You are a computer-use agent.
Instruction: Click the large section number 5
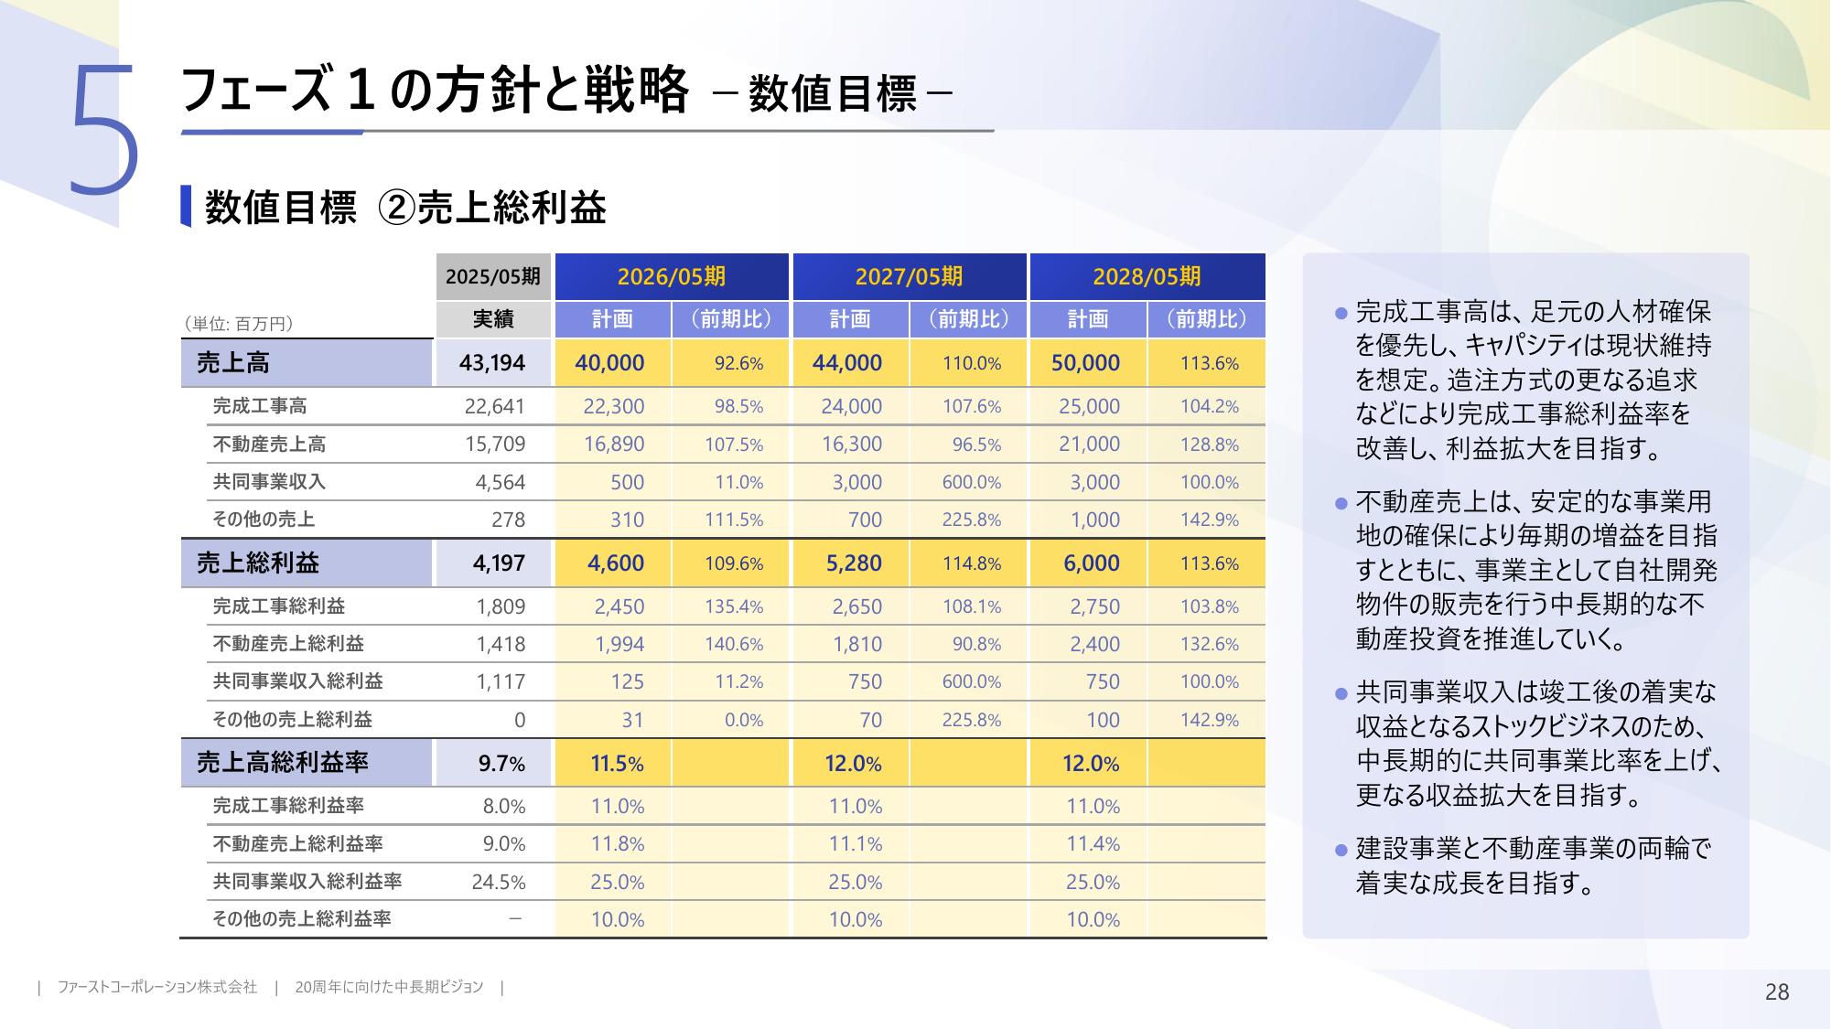click(x=103, y=131)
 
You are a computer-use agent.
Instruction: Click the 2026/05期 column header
click(x=671, y=276)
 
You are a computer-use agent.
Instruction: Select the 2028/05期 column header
click(x=1147, y=276)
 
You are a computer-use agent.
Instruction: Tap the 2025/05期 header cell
click(x=493, y=276)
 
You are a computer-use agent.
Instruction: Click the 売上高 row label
click(x=233, y=363)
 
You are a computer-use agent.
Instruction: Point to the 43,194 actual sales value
click(x=492, y=363)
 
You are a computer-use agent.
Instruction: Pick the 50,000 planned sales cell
click(x=1085, y=363)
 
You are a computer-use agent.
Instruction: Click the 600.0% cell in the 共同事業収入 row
click(x=972, y=482)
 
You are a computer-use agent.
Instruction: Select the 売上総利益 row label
click(x=257, y=563)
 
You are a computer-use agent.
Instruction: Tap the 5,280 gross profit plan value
click(x=854, y=563)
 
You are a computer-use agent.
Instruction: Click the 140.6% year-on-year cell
click(x=734, y=644)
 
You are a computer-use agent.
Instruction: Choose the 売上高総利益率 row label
click(x=282, y=763)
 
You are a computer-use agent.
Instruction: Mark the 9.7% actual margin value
click(x=501, y=764)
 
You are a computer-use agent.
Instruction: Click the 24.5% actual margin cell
click(x=499, y=883)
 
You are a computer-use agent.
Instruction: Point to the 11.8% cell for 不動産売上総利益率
click(x=618, y=844)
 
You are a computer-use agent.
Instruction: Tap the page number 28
click(x=1776, y=991)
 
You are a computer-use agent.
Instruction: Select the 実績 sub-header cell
click(x=493, y=319)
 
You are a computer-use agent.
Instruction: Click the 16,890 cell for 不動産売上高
click(x=614, y=445)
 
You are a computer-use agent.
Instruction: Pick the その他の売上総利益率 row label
click(x=302, y=919)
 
